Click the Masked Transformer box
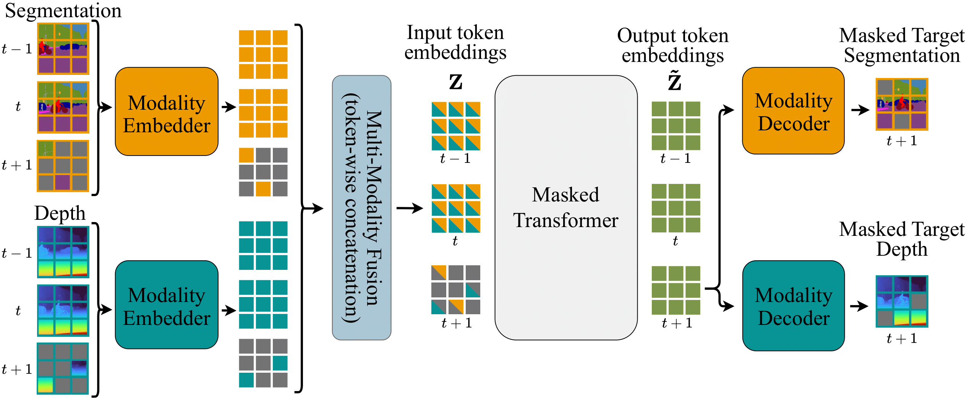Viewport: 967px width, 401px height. coord(566,208)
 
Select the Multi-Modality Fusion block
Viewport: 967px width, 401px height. coord(361,208)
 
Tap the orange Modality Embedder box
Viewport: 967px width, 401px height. coord(167,112)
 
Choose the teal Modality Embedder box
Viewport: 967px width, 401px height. coord(167,305)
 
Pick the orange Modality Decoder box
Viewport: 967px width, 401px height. coord(793,111)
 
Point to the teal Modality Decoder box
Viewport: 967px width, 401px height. coord(793,306)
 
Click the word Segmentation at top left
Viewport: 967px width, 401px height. coord(63,10)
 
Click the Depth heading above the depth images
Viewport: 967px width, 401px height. coord(60,213)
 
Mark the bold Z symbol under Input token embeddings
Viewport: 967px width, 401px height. coord(455,82)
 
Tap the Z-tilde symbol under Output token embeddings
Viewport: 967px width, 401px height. coord(675,81)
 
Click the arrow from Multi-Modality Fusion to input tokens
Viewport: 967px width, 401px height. coord(410,208)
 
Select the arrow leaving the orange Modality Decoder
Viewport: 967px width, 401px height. coord(860,110)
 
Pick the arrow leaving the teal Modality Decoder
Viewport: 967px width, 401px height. coord(859,306)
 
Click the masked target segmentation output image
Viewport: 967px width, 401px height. coord(902,104)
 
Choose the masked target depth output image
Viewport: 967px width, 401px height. coord(902,301)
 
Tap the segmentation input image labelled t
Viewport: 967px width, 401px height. coord(63,107)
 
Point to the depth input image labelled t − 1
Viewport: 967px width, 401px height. coord(63,252)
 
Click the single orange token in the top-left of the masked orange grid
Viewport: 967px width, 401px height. coord(246,155)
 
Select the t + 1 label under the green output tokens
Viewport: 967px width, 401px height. coord(677,323)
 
